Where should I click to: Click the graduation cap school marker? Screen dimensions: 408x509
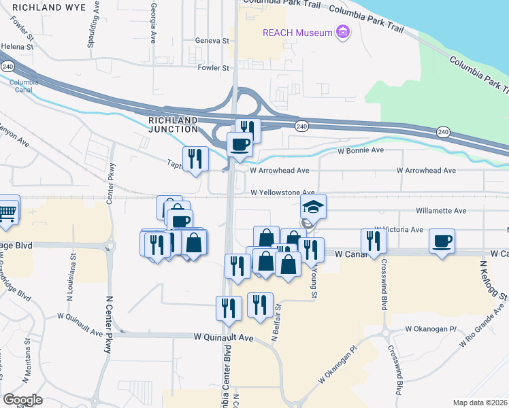(x=314, y=205)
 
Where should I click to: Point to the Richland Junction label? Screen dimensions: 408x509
(x=173, y=125)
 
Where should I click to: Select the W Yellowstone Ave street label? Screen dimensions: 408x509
(x=282, y=193)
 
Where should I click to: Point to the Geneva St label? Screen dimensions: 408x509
(x=212, y=41)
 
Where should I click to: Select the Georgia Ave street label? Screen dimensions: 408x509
(x=154, y=20)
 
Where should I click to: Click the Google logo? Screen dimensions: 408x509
(x=22, y=400)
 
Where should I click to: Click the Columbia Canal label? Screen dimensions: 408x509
(x=20, y=86)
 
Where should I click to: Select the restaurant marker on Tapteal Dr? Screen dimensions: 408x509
(x=195, y=159)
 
